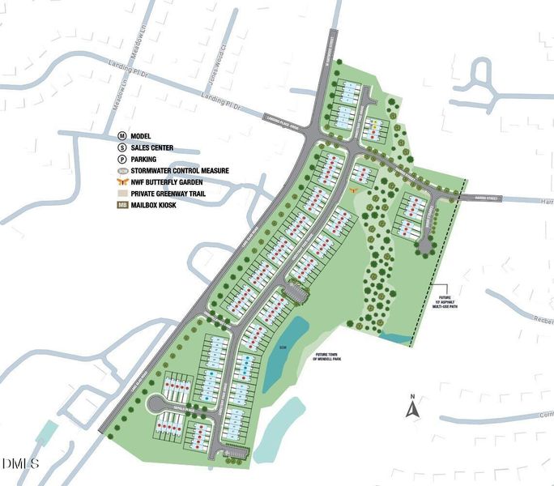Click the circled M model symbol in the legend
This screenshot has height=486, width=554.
coord(122,136)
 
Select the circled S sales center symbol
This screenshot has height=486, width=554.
coord(122,147)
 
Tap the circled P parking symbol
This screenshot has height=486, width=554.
coord(122,159)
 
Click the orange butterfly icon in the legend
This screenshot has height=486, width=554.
coord(122,182)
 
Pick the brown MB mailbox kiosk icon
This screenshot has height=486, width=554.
coord(122,206)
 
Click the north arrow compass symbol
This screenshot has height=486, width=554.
coord(412,407)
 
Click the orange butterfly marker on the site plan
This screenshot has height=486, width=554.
coord(354,188)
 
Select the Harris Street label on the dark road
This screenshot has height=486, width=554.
coord(478,198)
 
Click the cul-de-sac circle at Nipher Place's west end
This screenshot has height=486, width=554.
coord(153,402)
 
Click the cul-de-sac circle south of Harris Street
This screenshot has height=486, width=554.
coord(424,245)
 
